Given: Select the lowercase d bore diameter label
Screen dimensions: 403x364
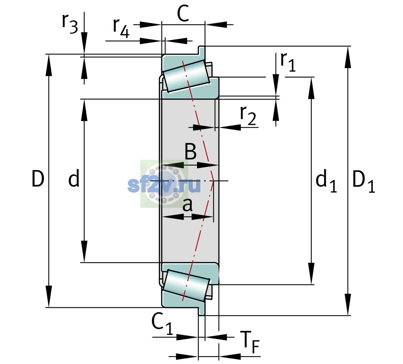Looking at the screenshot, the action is [x=74, y=178].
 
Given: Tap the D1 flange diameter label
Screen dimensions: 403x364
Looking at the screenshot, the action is [x=363, y=181].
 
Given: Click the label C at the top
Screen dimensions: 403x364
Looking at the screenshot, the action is [x=183, y=13].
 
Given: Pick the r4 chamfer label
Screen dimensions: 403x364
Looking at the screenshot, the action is [x=121, y=28].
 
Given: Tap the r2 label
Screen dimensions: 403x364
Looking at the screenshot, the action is [x=248, y=116].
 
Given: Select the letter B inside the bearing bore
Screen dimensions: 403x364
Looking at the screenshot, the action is [x=190, y=152].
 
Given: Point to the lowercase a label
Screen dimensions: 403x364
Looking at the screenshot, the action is [x=187, y=205].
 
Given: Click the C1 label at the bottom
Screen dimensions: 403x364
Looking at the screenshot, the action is [x=162, y=324].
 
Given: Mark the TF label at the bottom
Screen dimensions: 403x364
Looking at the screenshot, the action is [x=251, y=342].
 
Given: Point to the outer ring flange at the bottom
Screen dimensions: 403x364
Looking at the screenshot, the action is [x=202, y=311].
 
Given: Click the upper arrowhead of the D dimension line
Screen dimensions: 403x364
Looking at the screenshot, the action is [x=48, y=65].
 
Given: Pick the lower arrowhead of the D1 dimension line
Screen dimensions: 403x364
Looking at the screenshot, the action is [x=348, y=305].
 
